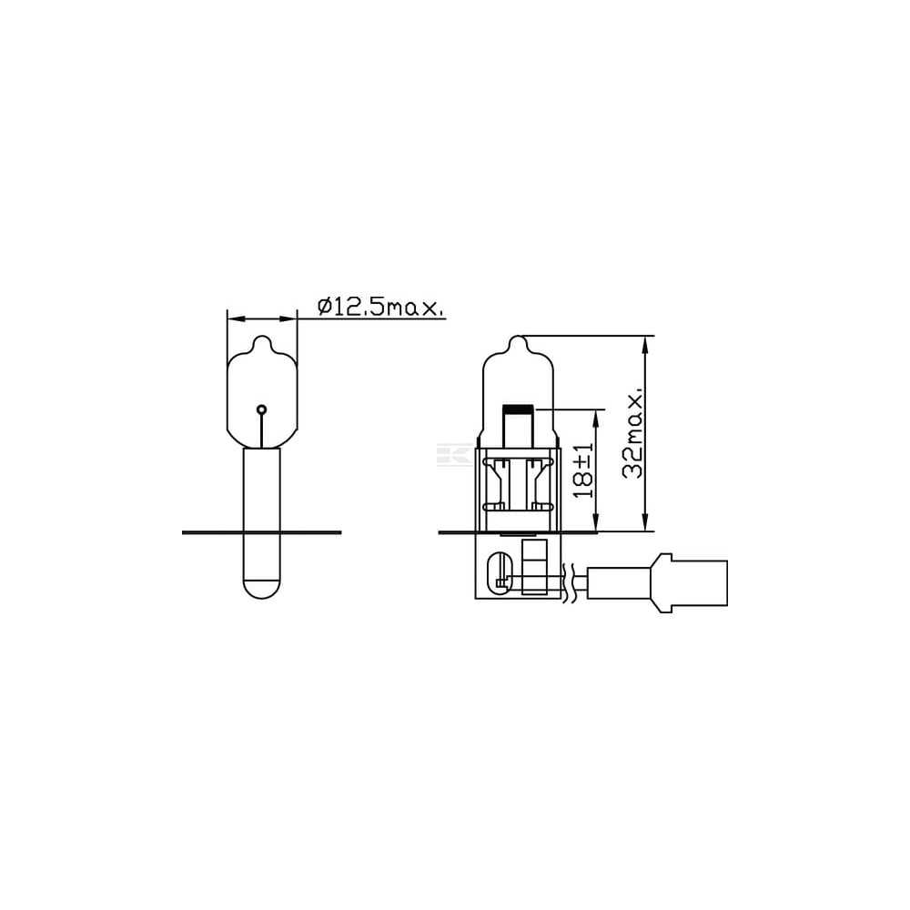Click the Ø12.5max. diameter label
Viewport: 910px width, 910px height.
(381, 307)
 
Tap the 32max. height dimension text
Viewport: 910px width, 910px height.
(633, 432)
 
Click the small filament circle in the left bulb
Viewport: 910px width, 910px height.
(262, 409)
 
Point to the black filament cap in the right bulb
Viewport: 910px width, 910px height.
(519, 409)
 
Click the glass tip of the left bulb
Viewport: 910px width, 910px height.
(262, 342)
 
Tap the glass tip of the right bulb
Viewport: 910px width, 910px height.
(519, 342)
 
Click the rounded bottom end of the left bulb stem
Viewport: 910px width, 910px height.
(262, 589)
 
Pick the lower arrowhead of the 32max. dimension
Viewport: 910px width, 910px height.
(645, 521)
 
